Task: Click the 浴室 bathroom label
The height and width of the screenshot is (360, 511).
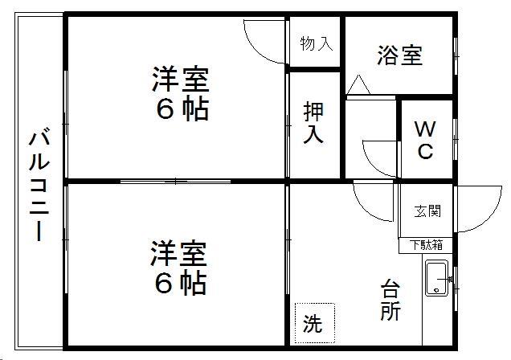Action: pyautogui.click(x=399, y=55)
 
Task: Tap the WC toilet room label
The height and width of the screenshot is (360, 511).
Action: pyautogui.click(x=425, y=140)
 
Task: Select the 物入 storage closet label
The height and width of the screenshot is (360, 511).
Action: pyautogui.click(x=316, y=43)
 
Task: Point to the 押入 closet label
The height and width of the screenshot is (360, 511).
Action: pyautogui.click(x=313, y=123)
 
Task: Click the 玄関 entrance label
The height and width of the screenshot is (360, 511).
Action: pyautogui.click(x=427, y=211)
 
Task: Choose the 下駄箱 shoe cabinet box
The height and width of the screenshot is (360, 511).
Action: pyautogui.click(x=426, y=245)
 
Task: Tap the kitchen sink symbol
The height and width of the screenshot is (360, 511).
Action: pyautogui.click(x=437, y=278)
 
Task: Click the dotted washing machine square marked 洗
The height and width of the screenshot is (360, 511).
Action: pyautogui.click(x=315, y=323)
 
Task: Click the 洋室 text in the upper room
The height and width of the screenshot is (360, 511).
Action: pyautogui.click(x=180, y=79)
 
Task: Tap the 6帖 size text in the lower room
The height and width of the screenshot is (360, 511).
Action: pyautogui.click(x=180, y=283)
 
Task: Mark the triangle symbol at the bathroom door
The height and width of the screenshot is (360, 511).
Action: pyautogui.click(x=358, y=84)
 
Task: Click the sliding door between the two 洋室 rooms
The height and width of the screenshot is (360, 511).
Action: pyautogui.click(x=175, y=181)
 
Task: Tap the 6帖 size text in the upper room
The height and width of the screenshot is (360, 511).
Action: pyautogui.click(x=182, y=109)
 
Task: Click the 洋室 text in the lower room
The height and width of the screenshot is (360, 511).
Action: pyautogui.click(x=178, y=253)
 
